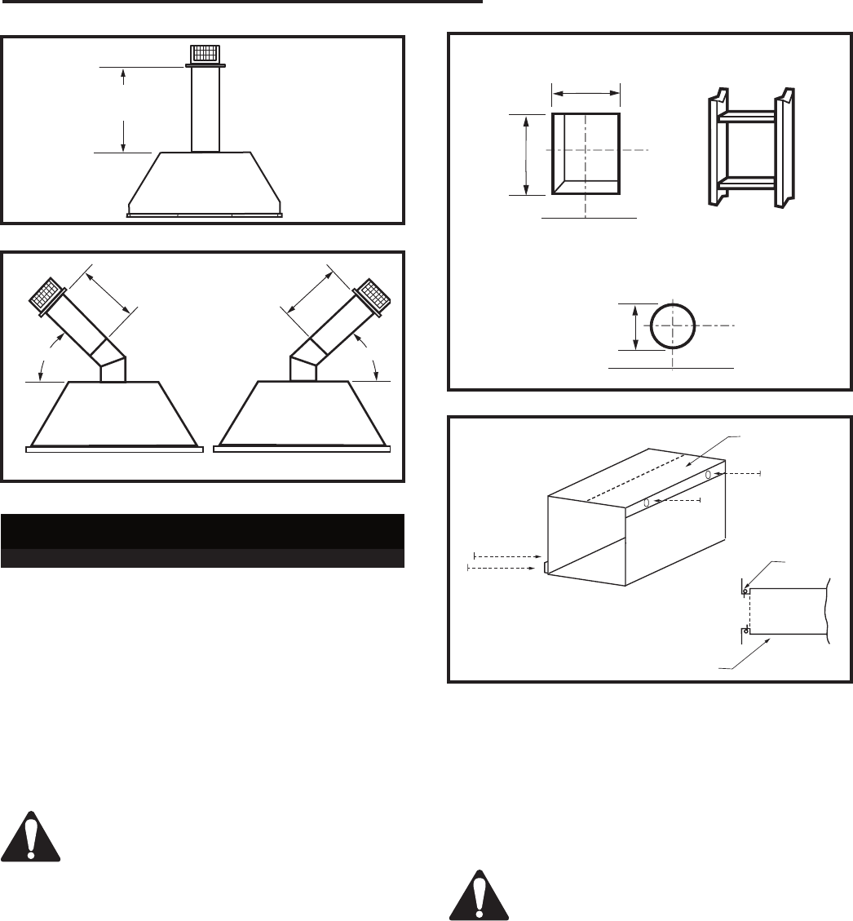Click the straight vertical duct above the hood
click(x=206, y=109)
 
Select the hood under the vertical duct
click(x=205, y=184)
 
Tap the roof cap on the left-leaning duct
click(x=48, y=290)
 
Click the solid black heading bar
click(x=203, y=531)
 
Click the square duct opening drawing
click(x=586, y=153)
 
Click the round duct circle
click(x=673, y=324)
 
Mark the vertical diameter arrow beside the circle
click(x=635, y=326)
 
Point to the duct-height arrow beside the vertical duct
click(x=123, y=110)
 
